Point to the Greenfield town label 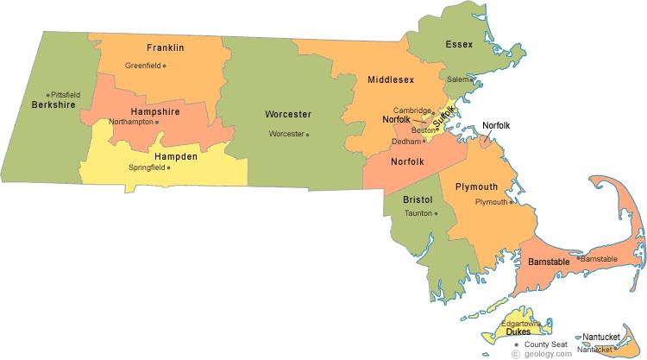142,66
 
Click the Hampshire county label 155,111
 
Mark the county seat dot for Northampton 156,122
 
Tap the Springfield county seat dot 168,167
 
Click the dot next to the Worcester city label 307,134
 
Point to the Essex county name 459,44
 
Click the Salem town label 456,79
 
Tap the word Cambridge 411,111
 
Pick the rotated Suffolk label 443,117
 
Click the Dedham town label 405,141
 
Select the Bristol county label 418,199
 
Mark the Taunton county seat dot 436,213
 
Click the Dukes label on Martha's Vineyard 518,331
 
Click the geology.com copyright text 540,354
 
